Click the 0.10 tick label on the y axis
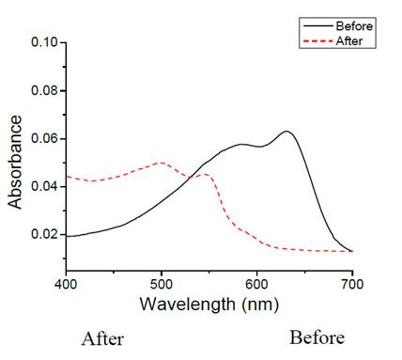[x=44, y=43]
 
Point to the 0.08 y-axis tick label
[x=44, y=91]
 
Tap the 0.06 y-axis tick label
[x=44, y=139]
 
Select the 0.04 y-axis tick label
[x=44, y=186]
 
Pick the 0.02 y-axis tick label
[x=44, y=234]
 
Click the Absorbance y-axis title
[x=15, y=162]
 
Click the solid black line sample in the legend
[x=315, y=26]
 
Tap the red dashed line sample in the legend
[x=315, y=40]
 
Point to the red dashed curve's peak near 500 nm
[x=162, y=163]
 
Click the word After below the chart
[x=102, y=338]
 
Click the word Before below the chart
[x=317, y=337]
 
